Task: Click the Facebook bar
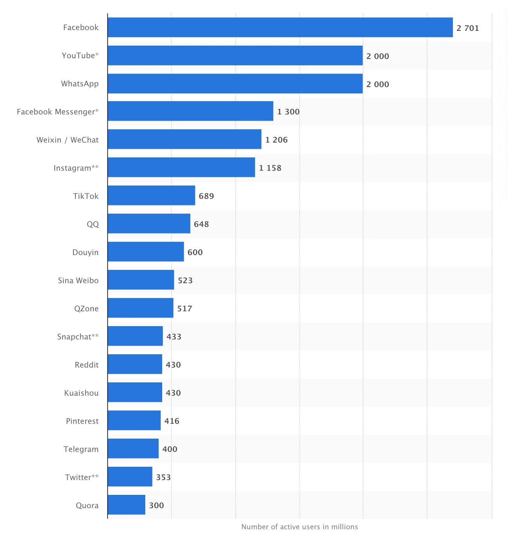point(280,27)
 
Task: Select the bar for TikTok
point(151,195)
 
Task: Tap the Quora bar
point(126,505)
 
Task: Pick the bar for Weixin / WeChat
point(184,139)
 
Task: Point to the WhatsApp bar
point(235,84)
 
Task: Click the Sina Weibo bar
point(141,280)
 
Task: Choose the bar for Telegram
point(133,448)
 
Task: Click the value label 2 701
point(467,28)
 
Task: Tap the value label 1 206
point(276,140)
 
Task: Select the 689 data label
point(206,196)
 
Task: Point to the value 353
point(163,477)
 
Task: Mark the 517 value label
point(184,309)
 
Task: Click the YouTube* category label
point(80,55)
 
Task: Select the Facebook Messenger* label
point(57,112)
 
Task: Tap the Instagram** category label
point(76,168)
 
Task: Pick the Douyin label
point(85,252)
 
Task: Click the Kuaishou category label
point(81,393)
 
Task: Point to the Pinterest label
point(82,421)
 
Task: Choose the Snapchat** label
point(78,337)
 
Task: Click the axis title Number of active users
point(299,527)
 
